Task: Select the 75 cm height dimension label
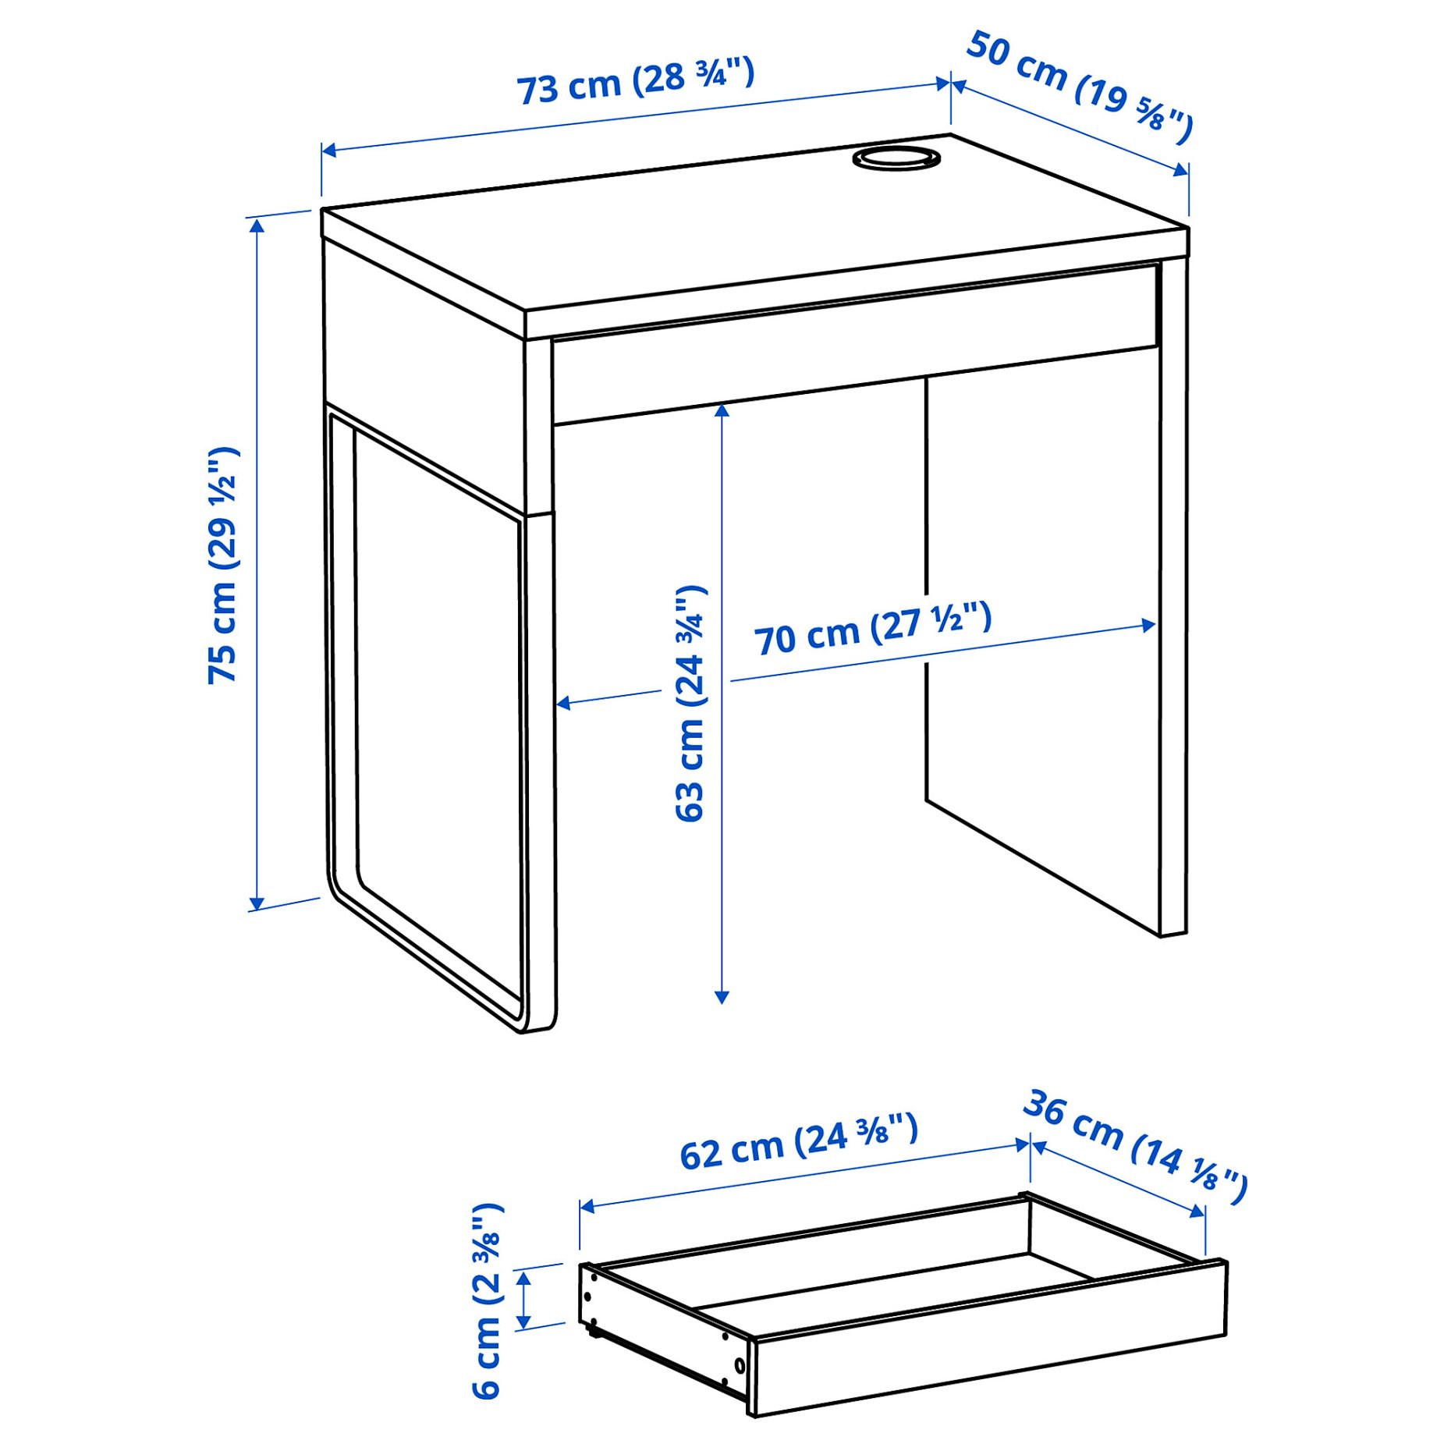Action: [223, 566]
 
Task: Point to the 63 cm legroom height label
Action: [690, 703]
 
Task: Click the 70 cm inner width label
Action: [872, 629]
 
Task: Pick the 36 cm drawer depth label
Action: [1135, 1147]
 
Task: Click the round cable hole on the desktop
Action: [896, 158]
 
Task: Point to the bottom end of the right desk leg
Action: [1173, 931]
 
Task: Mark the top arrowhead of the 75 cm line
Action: [257, 224]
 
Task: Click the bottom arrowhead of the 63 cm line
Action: [722, 997]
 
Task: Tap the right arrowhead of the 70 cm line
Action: [1149, 625]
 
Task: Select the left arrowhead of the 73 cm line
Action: [328, 150]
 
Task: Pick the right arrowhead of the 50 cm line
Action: [1181, 170]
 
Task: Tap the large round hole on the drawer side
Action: [739, 1365]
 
